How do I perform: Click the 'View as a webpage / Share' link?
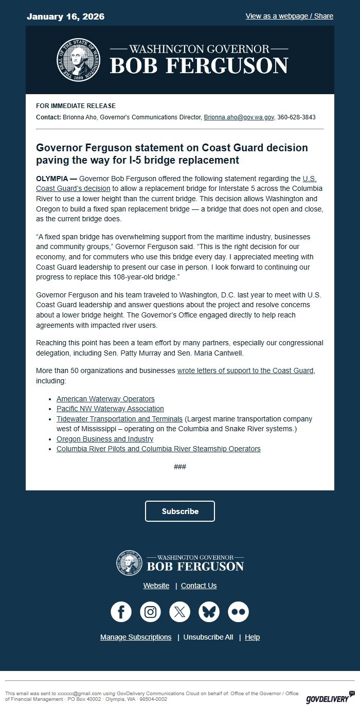(289, 16)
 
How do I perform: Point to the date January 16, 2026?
(65, 16)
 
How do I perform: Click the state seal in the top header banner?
(78, 60)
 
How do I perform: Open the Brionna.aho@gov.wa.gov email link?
(239, 117)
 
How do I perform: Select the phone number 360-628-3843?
(296, 117)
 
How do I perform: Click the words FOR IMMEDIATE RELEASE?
(76, 106)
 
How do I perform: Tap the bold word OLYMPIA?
(51, 179)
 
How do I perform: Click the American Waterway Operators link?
(105, 399)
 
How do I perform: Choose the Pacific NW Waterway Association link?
(110, 409)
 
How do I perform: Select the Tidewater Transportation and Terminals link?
(119, 419)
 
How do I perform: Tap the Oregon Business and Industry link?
(105, 439)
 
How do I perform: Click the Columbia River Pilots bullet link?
(158, 449)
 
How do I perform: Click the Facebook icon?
(121, 612)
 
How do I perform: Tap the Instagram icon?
(151, 612)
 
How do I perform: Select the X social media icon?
(180, 612)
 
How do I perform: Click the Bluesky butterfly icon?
(209, 612)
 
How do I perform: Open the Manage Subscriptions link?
(136, 637)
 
